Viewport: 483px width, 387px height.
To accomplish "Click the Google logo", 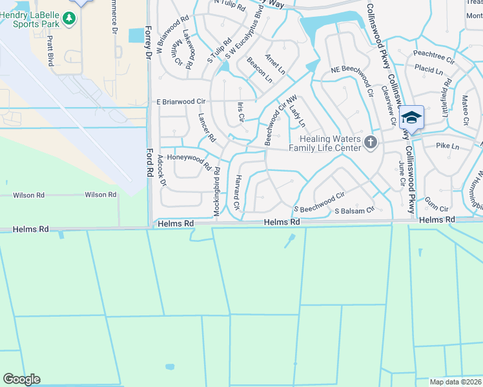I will click(21, 379).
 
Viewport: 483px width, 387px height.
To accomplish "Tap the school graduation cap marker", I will click(411, 119).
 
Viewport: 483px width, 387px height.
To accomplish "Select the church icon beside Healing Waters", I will click(371, 143).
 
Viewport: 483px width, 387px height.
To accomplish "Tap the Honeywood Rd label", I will click(189, 161).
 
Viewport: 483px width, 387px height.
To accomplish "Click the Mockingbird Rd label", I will click(217, 192).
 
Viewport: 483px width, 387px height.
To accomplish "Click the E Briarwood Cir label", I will click(180, 102).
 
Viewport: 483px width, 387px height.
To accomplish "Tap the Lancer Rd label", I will click(207, 128).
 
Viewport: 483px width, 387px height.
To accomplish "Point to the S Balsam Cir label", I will click(354, 210).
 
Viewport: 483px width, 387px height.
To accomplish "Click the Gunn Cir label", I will click(437, 208).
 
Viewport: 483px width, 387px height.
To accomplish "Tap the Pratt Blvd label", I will click(49, 51).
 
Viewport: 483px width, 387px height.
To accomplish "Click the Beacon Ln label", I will click(260, 70).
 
